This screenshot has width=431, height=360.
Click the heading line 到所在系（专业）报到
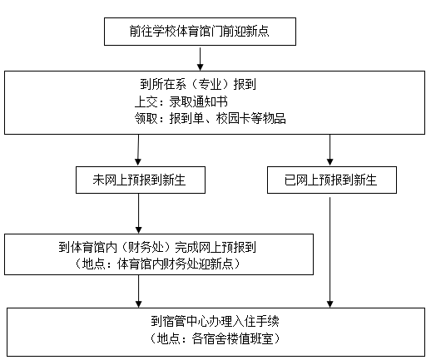pyautogui.click(x=198, y=84)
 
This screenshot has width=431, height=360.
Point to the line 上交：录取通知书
pyautogui.click(x=181, y=101)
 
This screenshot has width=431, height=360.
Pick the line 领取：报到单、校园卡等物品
pyautogui.click(x=211, y=119)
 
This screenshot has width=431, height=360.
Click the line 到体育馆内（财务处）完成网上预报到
pyautogui.click(x=157, y=247)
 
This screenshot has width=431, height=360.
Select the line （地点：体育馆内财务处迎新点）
pyautogui.click(x=157, y=264)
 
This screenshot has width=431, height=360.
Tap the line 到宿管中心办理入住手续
pyautogui.click(x=215, y=321)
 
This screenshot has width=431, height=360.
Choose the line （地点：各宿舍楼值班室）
pyautogui.click(x=215, y=338)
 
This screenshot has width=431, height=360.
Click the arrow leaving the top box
pyautogui.click(x=200, y=59)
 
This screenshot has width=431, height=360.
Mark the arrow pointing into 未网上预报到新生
pyautogui.click(x=138, y=150)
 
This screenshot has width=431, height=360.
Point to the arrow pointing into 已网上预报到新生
pyautogui.click(x=329, y=150)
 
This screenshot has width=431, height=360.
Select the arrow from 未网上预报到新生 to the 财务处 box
pyautogui.click(x=138, y=214)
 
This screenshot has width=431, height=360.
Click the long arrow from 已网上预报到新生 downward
pyautogui.click(x=329, y=253)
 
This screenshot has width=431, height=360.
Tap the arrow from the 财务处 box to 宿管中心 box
pyautogui.click(x=138, y=291)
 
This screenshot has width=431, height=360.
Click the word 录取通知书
pyautogui.click(x=199, y=101)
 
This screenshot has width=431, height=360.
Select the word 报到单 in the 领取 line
pyautogui.click(x=186, y=119)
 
